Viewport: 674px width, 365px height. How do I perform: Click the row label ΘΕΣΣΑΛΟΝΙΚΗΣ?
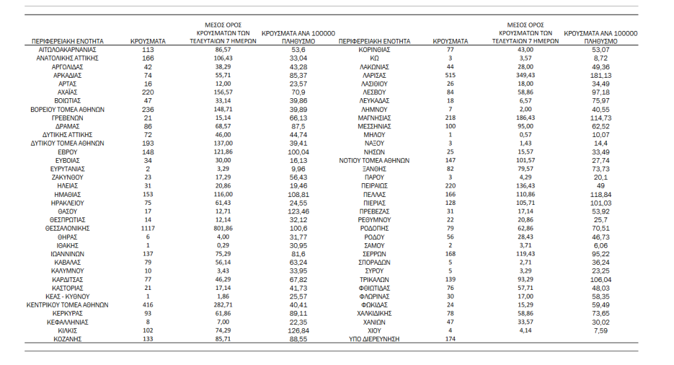[68, 228]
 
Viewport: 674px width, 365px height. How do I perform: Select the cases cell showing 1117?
[148, 228]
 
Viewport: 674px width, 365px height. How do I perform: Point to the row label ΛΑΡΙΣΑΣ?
[374, 75]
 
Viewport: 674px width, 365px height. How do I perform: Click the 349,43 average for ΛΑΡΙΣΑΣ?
[525, 75]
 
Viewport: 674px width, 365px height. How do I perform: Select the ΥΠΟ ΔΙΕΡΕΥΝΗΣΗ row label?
[374, 339]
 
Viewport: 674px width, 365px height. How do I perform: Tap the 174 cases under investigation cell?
[451, 339]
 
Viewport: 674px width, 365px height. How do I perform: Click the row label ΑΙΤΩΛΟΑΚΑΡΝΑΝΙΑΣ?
[68, 49]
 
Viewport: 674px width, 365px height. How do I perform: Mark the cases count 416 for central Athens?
[148, 305]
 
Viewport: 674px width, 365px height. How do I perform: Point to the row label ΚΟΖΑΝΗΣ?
[68, 339]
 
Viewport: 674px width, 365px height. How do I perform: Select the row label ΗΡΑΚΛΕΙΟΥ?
[68, 203]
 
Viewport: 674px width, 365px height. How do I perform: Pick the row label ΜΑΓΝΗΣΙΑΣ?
[374, 117]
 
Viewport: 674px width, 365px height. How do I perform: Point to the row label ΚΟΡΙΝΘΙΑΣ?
[374, 49]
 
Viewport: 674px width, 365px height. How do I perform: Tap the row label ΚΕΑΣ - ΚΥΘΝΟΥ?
[68, 296]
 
